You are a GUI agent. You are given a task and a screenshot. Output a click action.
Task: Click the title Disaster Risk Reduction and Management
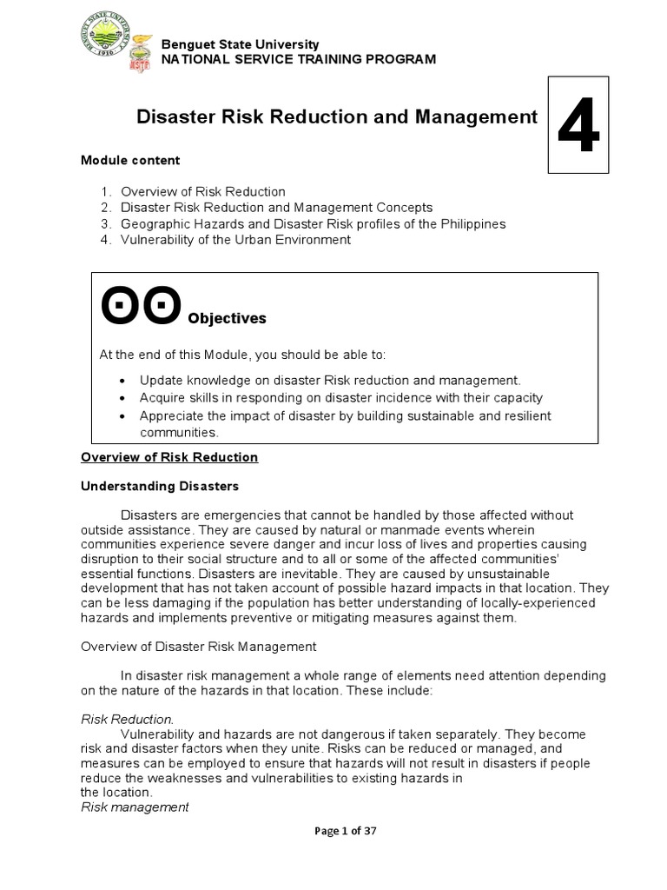click(x=337, y=117)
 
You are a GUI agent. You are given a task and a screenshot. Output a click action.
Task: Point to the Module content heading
click(x=130, y=160)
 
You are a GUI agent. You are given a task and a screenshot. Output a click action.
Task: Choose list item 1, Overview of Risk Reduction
click(x=202, y=191)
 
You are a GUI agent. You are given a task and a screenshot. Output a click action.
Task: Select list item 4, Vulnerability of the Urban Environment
click(x=235, y=240)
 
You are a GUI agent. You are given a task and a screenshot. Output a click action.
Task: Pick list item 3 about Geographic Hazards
click(x=313, y=223)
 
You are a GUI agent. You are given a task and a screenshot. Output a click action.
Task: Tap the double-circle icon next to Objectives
click(x=141, y=305)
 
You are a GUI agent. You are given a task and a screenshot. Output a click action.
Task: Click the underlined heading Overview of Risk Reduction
click(x=169, y=457)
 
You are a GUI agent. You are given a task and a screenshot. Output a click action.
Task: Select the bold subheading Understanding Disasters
click(x=159, y=486)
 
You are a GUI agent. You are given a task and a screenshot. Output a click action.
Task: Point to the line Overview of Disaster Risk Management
click(x=199, y=647)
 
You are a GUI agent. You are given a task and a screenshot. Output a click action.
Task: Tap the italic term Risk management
click(x=135, y=807)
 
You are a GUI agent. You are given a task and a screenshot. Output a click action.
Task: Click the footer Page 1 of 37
click(x=334, y=831)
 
